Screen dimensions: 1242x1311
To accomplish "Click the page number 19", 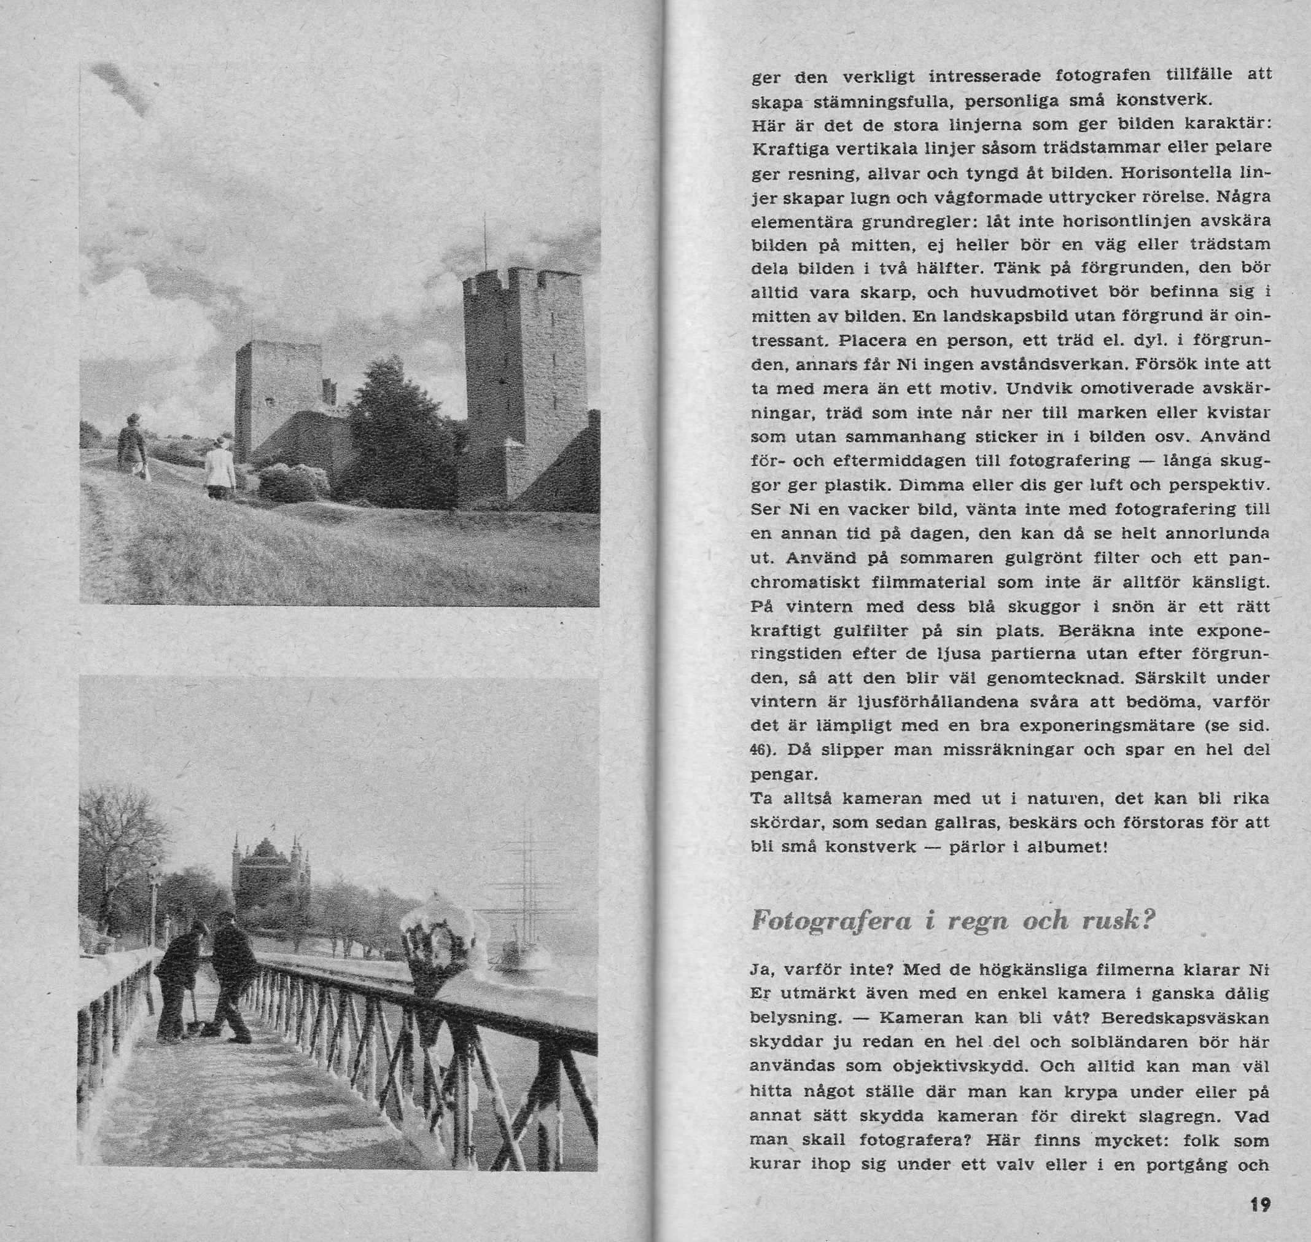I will tap(1260, 1205).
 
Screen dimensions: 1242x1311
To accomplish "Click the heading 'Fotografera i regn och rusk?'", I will tap(953, 921).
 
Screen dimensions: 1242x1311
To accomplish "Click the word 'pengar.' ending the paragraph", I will tap(776, 773).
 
